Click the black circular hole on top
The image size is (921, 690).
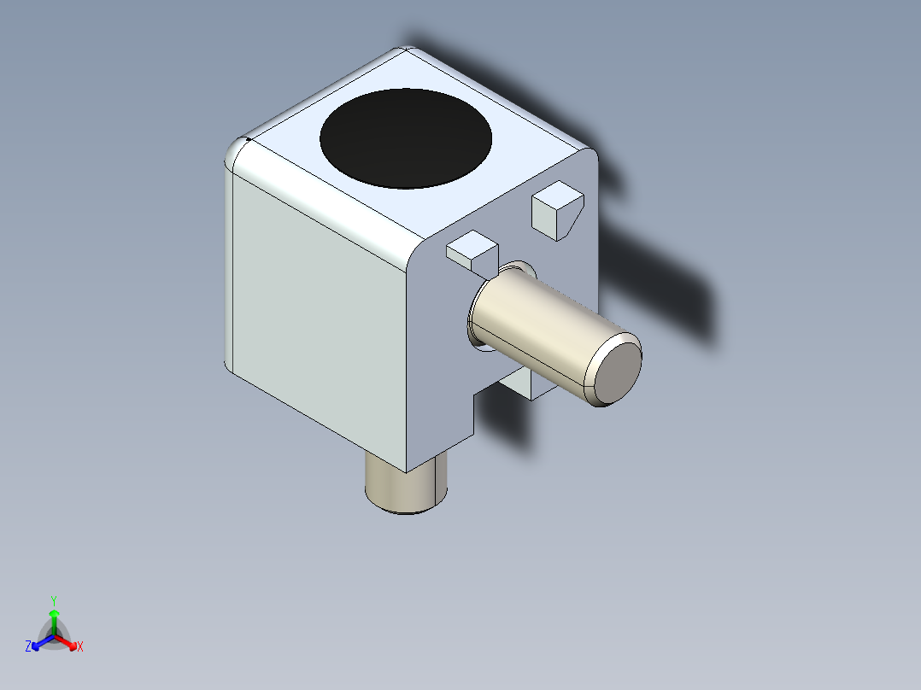(x=406, y=138)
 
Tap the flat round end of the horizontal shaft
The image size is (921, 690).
(x=613, y=370)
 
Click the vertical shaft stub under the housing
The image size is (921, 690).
(x=407, y=486)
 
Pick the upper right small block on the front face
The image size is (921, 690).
(x=555, y=208)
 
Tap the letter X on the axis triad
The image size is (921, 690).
(x=80, y=647)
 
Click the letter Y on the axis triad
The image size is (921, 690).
(x=54, y=599)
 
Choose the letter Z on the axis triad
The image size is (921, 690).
(x=28, y=647)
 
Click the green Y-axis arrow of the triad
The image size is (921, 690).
(x=54, y=617)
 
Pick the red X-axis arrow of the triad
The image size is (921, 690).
(x=67, y=642)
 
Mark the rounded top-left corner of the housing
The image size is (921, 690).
(x=237, y=155)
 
